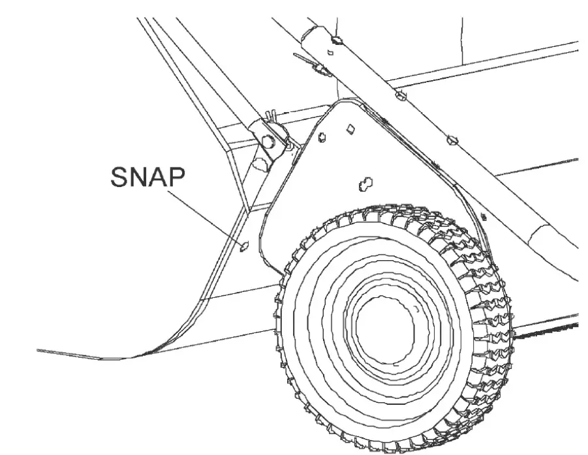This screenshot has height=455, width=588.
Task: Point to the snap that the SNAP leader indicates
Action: click(x=245, y=246)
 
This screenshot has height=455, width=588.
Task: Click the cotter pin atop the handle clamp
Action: click(x=268, y=118)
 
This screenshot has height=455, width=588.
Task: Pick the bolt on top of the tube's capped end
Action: click(x=335, y=40)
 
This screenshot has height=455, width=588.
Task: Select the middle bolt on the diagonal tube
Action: click(x=401, y=96)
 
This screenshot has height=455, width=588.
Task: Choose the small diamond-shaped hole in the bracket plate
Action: click(x=350, y=128)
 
